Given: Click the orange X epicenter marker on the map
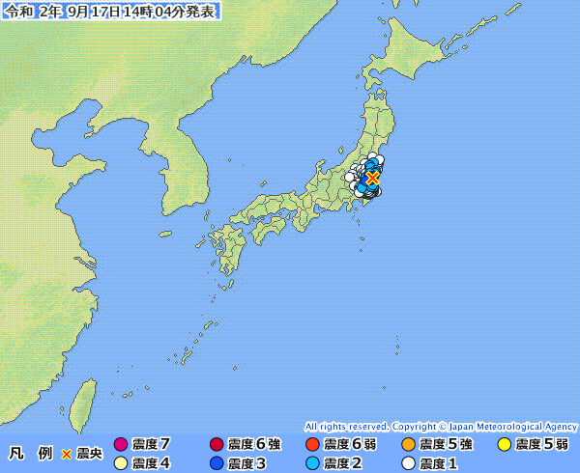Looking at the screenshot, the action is (x=372, y=179).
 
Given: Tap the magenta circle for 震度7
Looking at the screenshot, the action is (x=121, y=445).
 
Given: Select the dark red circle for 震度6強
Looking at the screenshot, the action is (x=217, y=445).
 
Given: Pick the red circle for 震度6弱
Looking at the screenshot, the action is (x=311, y=445).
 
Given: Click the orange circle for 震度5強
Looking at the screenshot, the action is (x=407, y=445).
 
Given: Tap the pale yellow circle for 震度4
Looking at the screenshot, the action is (x=121, y=463).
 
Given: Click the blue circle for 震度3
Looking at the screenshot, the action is (x=217, y=463).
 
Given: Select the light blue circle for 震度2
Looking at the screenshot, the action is (x=311, y=463).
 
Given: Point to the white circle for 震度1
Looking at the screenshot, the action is (x=407, y=463).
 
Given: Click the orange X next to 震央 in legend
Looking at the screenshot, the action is (x=67, y=454).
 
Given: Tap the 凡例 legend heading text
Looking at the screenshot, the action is (x=30, y=454).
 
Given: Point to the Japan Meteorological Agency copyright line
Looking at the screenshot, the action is (x=441, y=426).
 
